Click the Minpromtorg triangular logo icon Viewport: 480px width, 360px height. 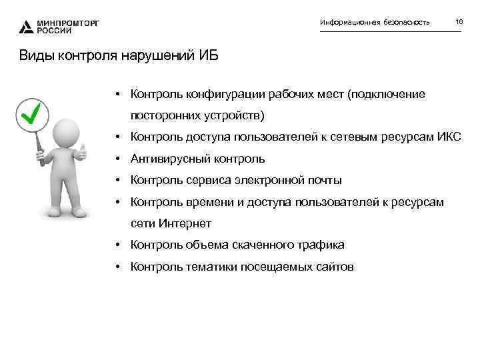pyautogui.click(x=25, y=27)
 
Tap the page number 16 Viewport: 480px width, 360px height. pyautogui.click(x=459, y=23)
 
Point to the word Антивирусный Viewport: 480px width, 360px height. pyautogui.click(x=173, y=159)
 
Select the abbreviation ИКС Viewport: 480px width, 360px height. pyautogui.click(x=449, y=137)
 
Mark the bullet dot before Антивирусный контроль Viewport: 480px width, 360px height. pyautogui.click(x=117, y=159)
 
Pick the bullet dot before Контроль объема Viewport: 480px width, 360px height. pyautogui.click(x=117, y=245)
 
